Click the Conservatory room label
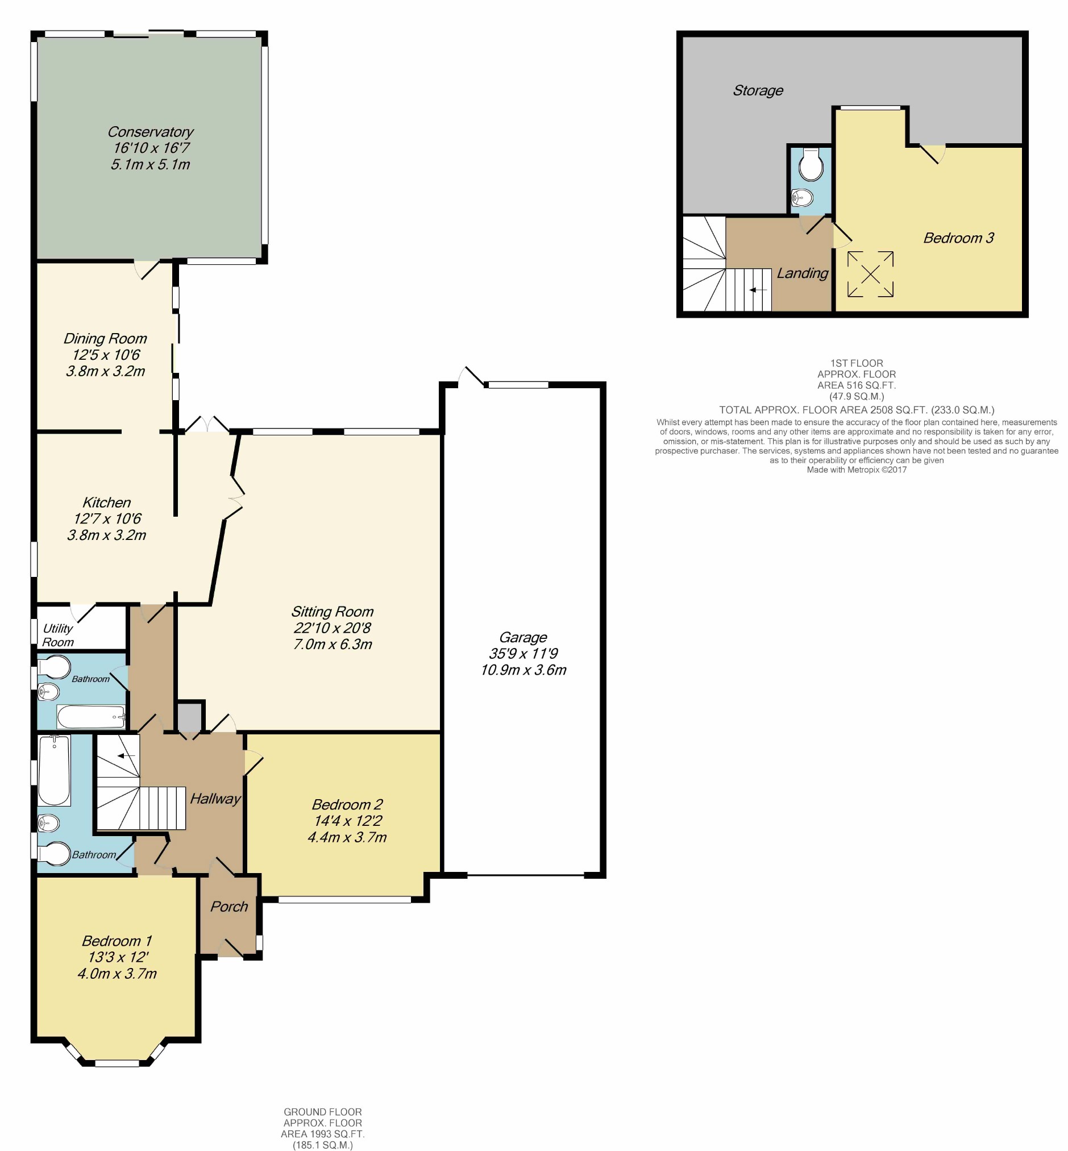[150, 132]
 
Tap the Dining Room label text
[105, 339]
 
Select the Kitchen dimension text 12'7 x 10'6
[107, 519]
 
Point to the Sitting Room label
[333, 612]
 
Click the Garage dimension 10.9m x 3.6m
[523, 670]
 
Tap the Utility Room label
[58, 635]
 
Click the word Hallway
[215, 799]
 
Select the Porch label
[229, 907]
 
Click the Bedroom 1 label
[117, 941]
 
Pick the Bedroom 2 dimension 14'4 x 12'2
[347, 821]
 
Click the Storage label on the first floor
[758, 91]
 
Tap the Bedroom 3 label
[958, 238]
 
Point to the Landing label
[802, 273]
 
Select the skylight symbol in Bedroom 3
[870, 274]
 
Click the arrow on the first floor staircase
[758, 289]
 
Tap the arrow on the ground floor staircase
[126, 756]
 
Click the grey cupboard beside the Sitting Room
[190, 717]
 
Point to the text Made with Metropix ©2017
[857, 469]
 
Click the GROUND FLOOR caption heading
[322, 1112]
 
